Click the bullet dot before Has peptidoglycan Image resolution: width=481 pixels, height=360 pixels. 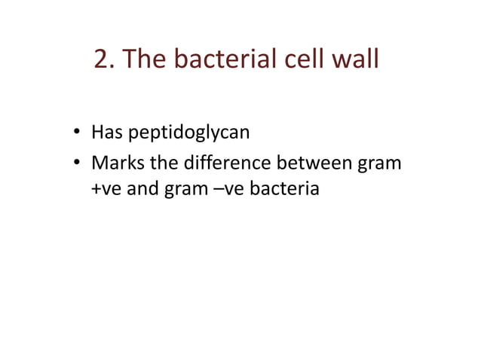[x=77, y=135]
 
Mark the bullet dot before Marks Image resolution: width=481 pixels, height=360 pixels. [x=77, y=163]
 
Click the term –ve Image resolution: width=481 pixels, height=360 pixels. [x=216, y=188]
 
